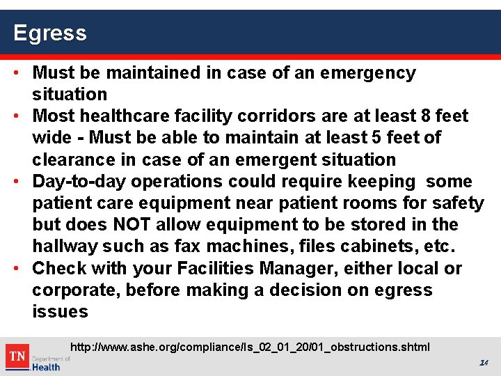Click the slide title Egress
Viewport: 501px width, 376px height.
click(x=49, y=33)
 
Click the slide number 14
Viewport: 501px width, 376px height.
click(x=483, y=363)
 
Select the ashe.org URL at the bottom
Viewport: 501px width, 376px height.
click(x=250, y=347)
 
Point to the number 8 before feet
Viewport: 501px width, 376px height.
click(x=425, y=116)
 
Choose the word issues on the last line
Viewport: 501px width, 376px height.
click(x=60, y=311)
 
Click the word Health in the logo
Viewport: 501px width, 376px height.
click(x=46, y=367)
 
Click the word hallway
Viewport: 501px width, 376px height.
click(x=65, y=246)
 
